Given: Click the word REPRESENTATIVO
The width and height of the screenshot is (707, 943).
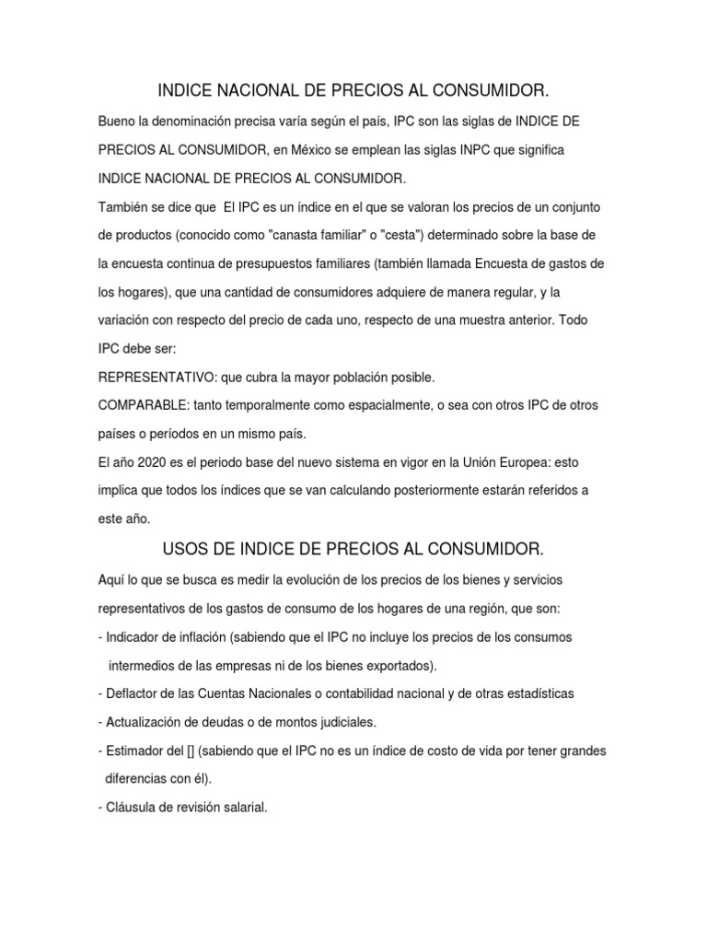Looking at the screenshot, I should coord(153,378).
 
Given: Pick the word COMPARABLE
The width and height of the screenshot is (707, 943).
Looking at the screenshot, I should coord(141,406).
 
